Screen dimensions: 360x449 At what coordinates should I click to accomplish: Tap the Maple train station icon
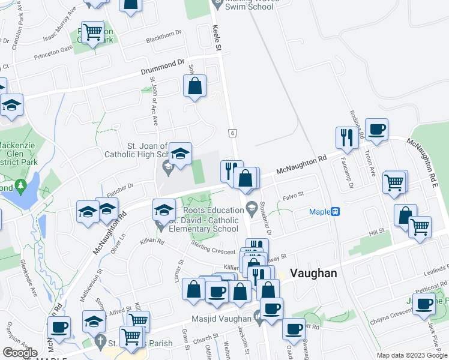(336, 211)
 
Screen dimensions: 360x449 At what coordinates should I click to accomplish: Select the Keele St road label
(217, 40)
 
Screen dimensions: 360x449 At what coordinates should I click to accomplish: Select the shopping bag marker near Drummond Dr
(195, 87)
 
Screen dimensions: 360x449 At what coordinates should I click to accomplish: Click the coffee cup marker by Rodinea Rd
(376, 130)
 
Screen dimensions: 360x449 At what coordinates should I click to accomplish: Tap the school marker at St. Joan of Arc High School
(179, 155)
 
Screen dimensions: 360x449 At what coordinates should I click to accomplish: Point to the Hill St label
(376, 232)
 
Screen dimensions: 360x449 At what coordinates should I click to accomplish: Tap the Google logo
(20, 352)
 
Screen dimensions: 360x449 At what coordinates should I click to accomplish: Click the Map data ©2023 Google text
(412, 356)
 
